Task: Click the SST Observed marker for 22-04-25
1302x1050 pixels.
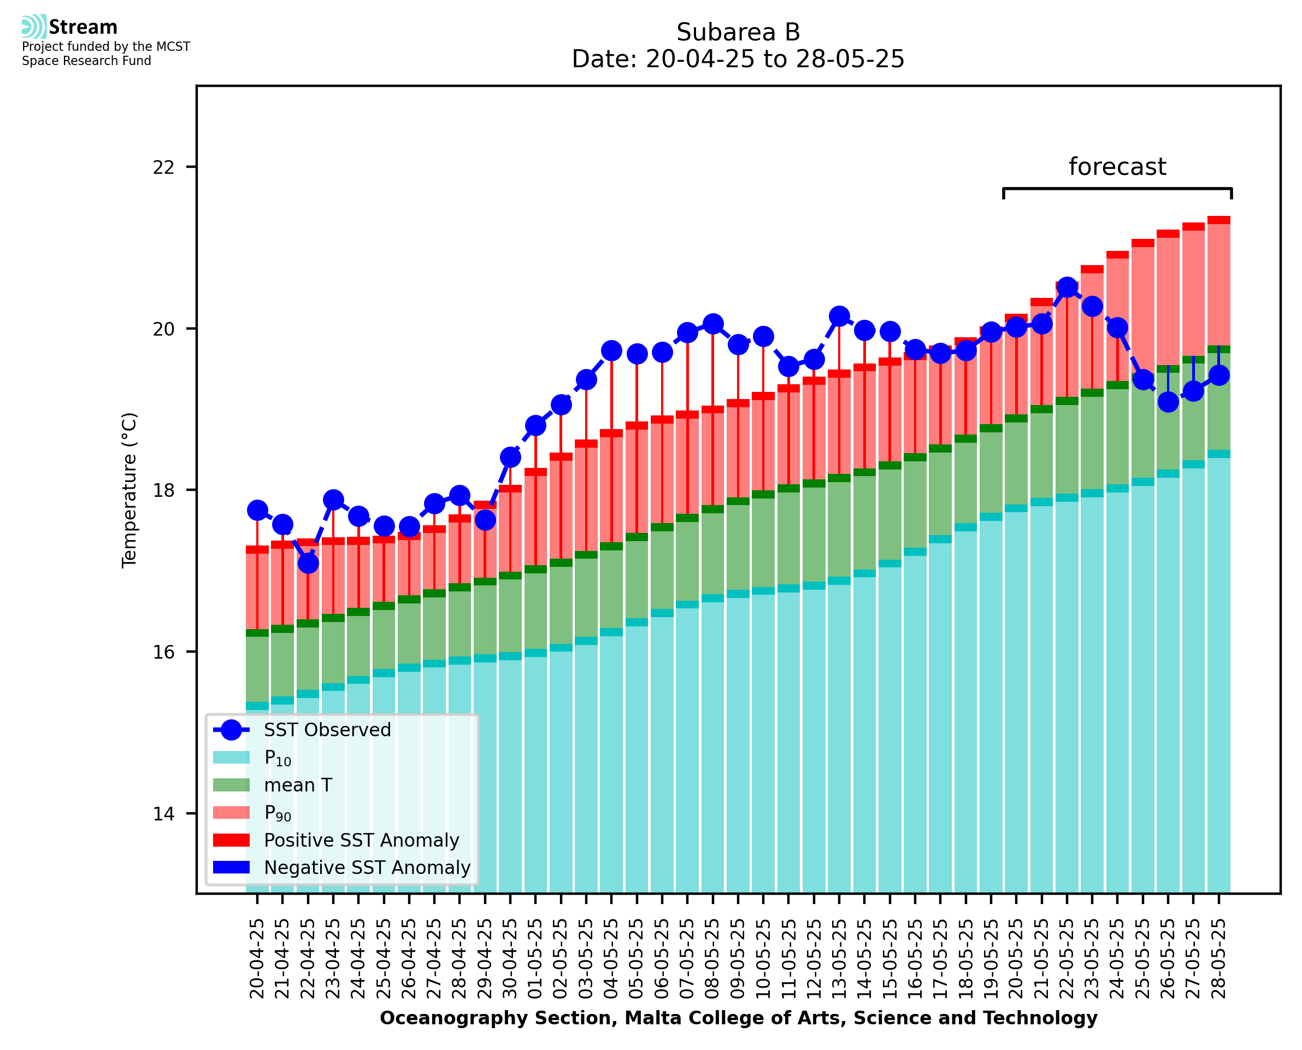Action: [x=308, y=564]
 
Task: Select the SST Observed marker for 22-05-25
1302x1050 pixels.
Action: [x=1067, y=288]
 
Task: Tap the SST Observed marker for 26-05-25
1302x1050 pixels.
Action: [x=1168, y=402]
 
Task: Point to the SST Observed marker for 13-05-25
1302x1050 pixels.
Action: [x=839, y=316]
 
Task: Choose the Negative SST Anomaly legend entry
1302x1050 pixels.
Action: [x=367, y=867]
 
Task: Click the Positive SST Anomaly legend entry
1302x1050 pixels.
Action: [x=362, y=840]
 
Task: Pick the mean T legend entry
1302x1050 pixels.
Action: [x=298, y=785]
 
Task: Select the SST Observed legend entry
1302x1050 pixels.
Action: [x=327, y=730]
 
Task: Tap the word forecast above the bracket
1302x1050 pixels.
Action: [x=1117, y=167]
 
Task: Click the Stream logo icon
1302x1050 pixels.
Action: [x=34, y=27]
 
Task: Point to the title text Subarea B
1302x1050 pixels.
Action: [x=738, y=32]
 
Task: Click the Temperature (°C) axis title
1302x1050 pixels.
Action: [x=129, y=490]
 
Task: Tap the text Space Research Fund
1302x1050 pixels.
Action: [x=86, y=61]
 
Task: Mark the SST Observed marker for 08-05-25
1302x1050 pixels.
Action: [x=712, y=324]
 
